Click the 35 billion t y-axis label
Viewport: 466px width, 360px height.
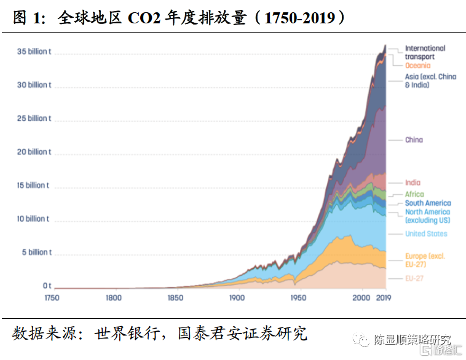[x=34, y=52]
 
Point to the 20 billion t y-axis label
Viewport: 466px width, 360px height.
[x=34, y=152]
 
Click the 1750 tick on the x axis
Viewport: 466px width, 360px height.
[x=51, y=298]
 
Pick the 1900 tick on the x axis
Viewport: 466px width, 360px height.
[x=237, y=298]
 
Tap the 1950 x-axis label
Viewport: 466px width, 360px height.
[x=298, y=298]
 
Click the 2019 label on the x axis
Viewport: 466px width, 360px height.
[x=384, y=298]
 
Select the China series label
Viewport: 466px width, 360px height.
[x=414, y=140]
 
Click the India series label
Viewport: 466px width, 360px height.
[x=413, y=182]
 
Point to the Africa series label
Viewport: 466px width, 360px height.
[x=414, y=194]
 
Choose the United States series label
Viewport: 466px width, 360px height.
[x=426, y=233]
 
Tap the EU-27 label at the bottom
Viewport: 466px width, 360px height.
[x=414, y=278]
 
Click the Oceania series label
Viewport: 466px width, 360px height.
[x=417, y=66]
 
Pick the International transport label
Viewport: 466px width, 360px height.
[x=425, y=52]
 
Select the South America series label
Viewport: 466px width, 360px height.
[x=428, y=203]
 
